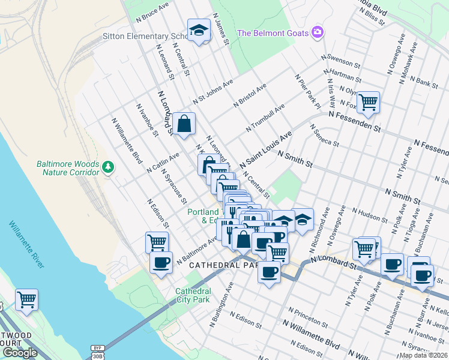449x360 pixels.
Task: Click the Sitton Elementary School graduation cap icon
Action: [197, 30]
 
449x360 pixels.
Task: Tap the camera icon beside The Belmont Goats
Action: [318, 32]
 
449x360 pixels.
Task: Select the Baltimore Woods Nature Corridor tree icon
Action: [108, 166]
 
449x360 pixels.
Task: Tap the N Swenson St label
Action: [340, 60]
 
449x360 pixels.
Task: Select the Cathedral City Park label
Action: [193, 295]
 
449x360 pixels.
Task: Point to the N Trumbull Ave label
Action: [265, 118]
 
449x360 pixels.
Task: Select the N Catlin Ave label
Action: [163, 163]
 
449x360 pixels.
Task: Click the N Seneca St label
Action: [324, 136]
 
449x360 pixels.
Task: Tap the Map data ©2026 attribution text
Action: [423, 355]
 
